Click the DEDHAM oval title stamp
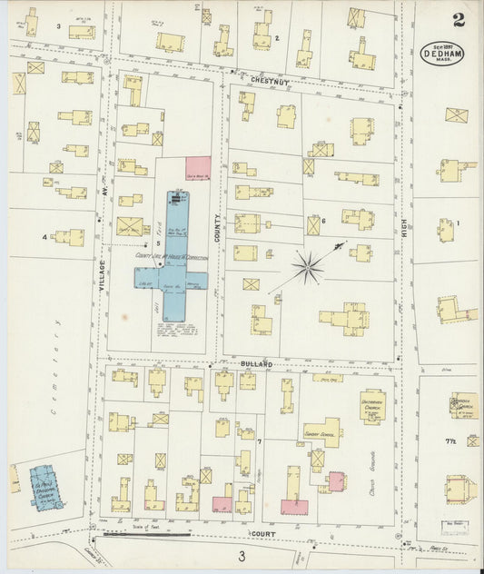[441, 53]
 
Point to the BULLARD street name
[256, 363]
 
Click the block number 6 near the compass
[322, 221]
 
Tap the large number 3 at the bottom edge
[242, 556]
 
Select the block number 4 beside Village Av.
[43, 237]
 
